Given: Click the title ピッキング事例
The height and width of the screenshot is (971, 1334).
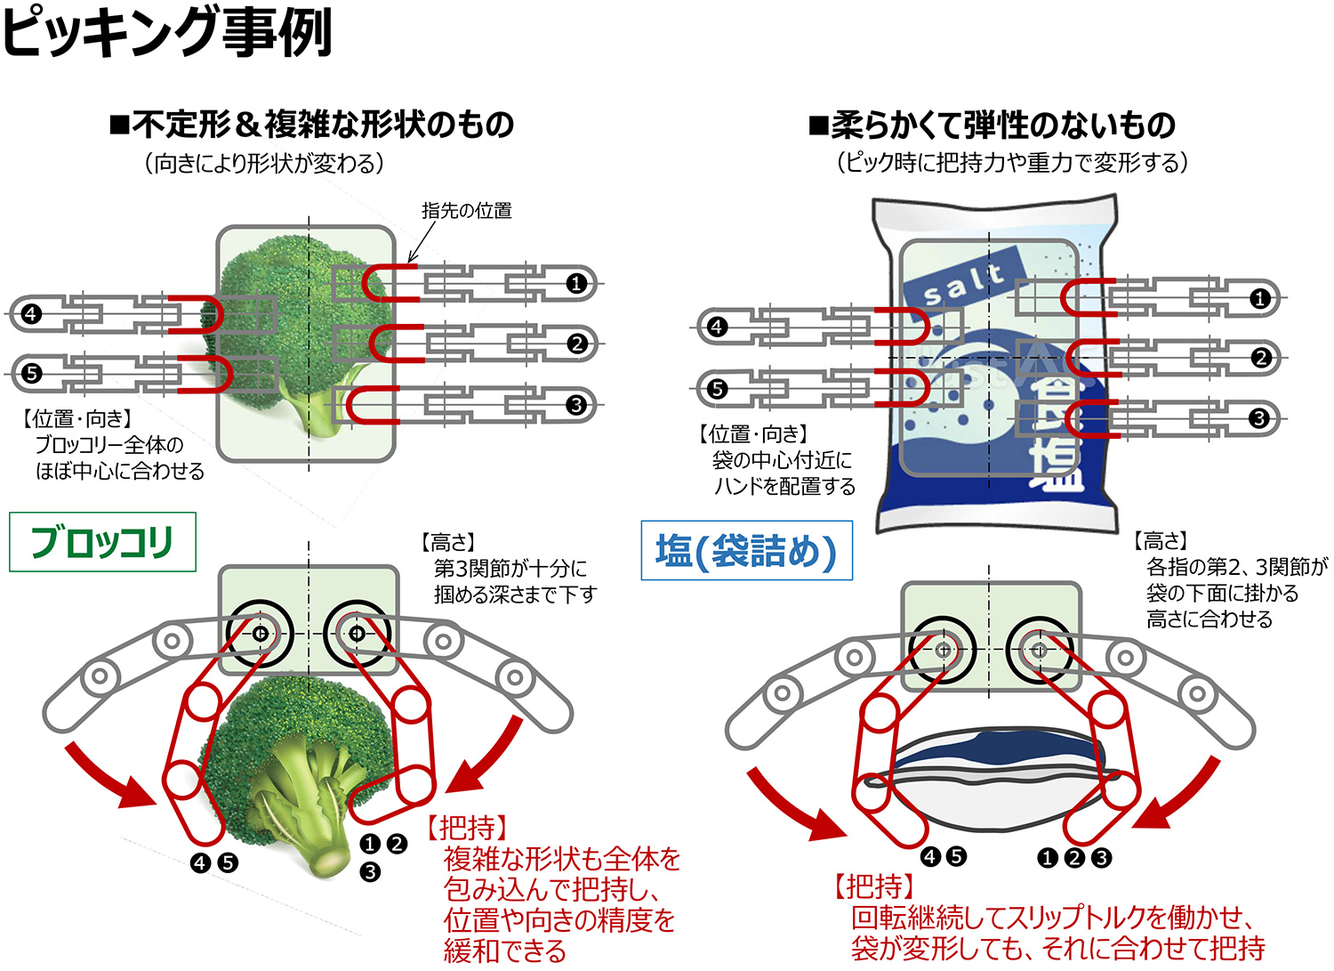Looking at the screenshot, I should (167, 32).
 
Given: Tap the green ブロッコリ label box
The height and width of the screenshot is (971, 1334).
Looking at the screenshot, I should (102, 541).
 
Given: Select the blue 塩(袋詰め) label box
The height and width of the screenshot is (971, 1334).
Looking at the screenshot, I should (746, 551).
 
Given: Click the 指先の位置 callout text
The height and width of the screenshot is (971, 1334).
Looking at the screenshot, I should (466, 211).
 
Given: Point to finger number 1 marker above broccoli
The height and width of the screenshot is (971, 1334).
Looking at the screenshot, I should (576, 284).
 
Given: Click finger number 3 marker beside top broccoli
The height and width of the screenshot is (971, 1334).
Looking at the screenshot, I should (576, 405).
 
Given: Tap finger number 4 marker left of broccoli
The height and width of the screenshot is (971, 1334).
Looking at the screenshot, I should (31, 313).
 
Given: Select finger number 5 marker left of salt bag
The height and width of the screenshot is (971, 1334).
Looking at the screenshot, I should (717, 388).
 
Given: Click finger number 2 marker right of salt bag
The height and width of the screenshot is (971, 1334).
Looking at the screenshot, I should (1260, 358).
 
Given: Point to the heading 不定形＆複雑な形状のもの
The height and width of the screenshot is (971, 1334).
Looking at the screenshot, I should (311, 125).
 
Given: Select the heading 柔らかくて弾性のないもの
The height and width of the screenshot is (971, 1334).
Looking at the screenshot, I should (992, 125).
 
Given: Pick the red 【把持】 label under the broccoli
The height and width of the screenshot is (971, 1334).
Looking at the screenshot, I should (467, 827).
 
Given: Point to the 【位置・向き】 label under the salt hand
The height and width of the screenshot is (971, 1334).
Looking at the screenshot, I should (753, 433).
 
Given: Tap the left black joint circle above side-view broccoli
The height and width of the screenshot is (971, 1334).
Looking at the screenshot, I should (260, 634).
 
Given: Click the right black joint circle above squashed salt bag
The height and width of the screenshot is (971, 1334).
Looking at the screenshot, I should (1039, 650).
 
